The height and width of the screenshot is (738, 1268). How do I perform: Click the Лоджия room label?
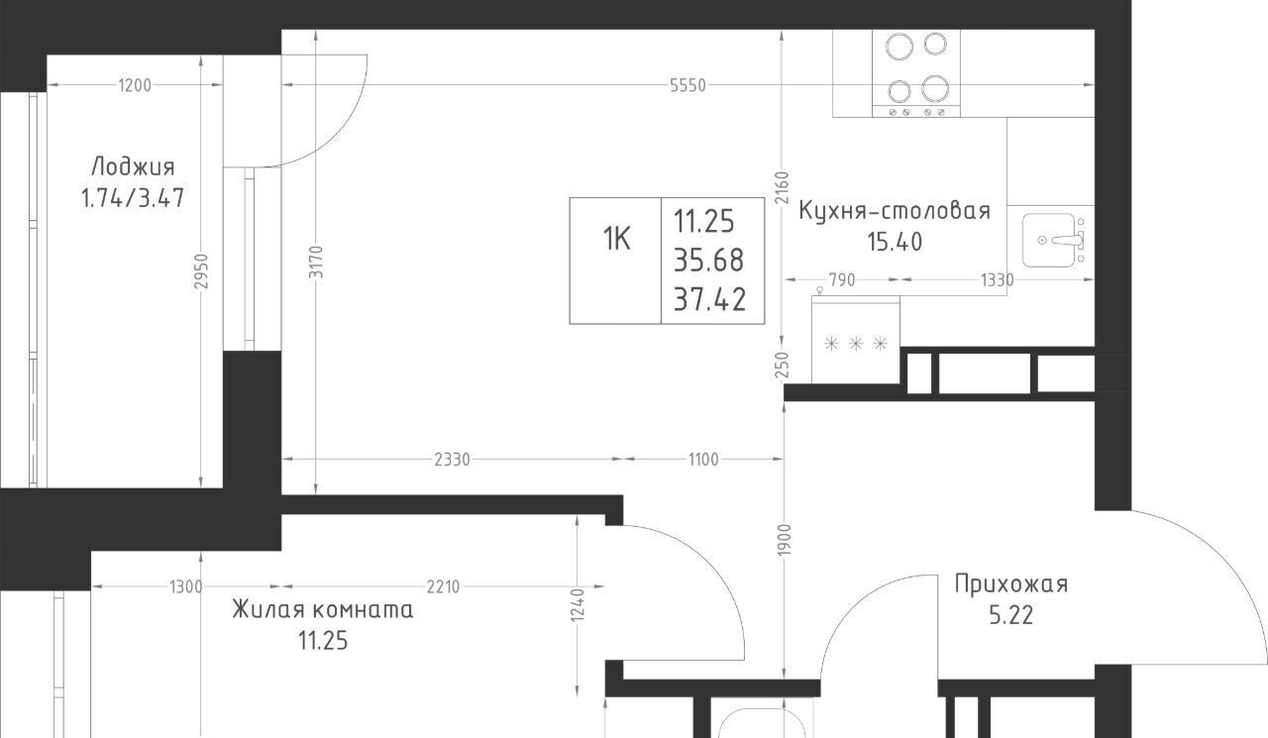(133, 166)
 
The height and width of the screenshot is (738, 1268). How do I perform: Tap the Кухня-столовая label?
(895, 211)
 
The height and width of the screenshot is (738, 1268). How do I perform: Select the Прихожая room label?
(1011, 584)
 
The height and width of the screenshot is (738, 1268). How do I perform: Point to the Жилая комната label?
(323, 610)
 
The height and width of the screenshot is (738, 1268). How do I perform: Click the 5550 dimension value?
(687, 85)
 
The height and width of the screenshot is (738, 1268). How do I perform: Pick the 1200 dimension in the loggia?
(135, 85)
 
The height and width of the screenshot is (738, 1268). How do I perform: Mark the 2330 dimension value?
(453, 460)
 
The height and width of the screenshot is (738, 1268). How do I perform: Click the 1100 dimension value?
(703, 460)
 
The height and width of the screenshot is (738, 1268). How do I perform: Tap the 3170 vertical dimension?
(316, 263)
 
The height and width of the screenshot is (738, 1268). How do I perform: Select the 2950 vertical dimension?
(201, 271)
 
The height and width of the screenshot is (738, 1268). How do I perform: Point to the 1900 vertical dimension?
(784, 539)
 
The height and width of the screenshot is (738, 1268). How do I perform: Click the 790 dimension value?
(842, 279)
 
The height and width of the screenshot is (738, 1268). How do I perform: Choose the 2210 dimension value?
(443, 586)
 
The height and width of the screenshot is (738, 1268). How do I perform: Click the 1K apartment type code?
(616, 239)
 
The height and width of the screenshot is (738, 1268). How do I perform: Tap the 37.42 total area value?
(709, 299)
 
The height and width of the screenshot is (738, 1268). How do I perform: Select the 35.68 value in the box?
(708, 261)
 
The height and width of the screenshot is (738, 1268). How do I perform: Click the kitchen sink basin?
(1049, 240)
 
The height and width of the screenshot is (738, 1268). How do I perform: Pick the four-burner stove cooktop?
(916, 73)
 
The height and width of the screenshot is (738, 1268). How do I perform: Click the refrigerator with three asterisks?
(855, 339)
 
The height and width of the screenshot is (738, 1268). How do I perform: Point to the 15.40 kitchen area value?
(895, 242)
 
